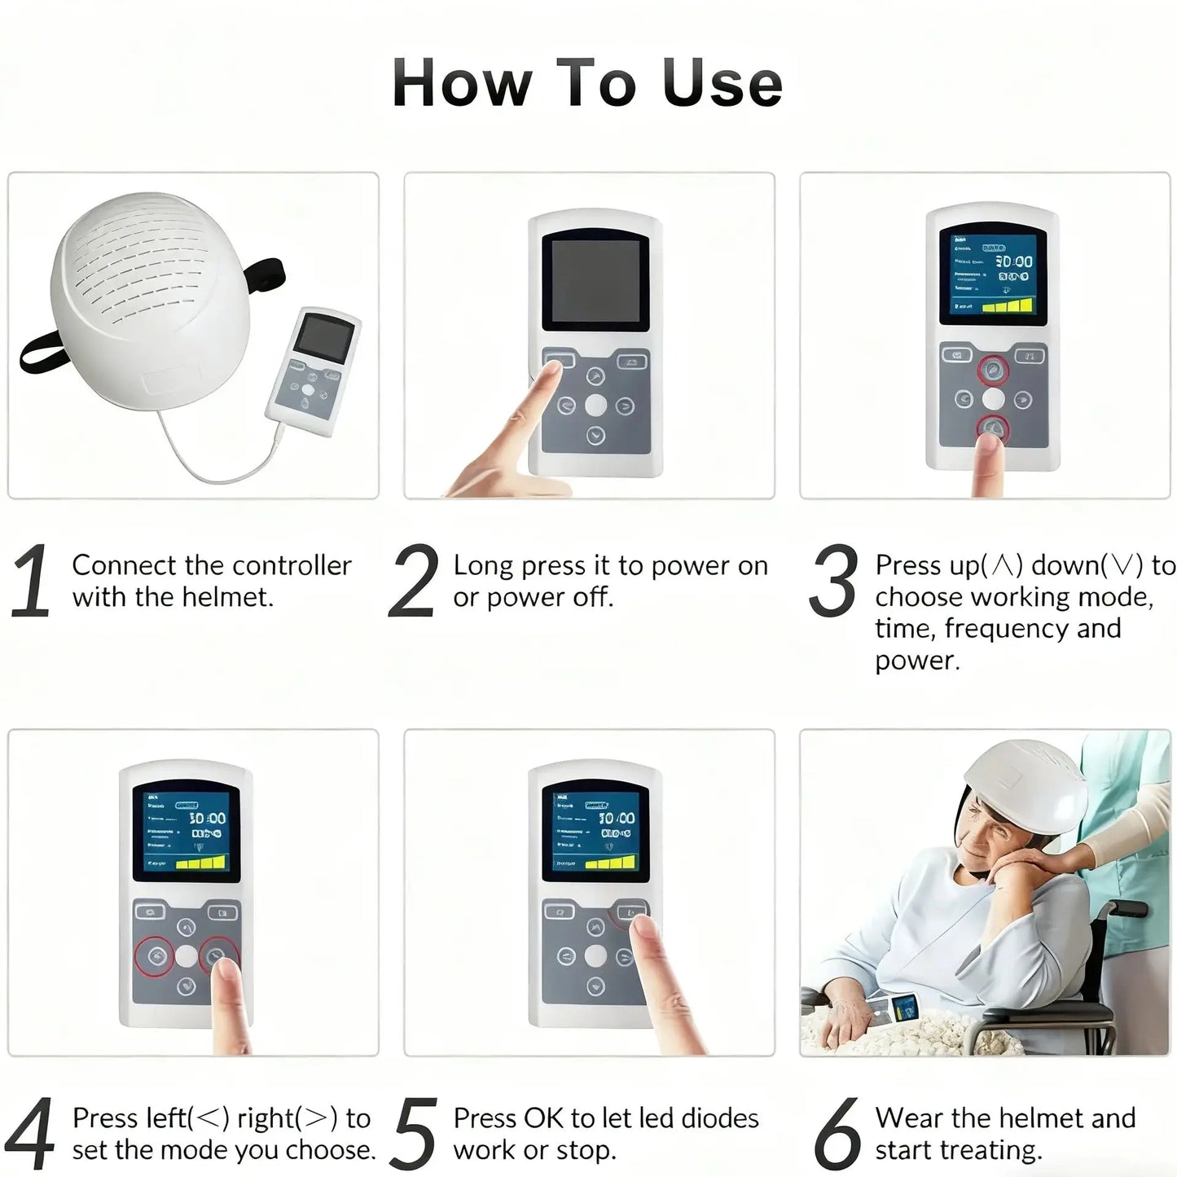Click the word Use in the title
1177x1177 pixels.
pos(722,84)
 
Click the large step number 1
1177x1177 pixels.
pos(31,582)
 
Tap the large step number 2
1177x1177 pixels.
pos(413,582)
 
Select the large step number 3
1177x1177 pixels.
pos(833,582)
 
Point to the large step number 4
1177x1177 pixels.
pos(31,1135)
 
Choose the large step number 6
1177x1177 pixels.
pos(837,1135)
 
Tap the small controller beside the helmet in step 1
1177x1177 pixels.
pos(314,371)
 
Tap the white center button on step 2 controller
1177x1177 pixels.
pos(595,405)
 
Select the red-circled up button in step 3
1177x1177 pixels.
pos(993,371)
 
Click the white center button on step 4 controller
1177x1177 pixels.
pos(187,956)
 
